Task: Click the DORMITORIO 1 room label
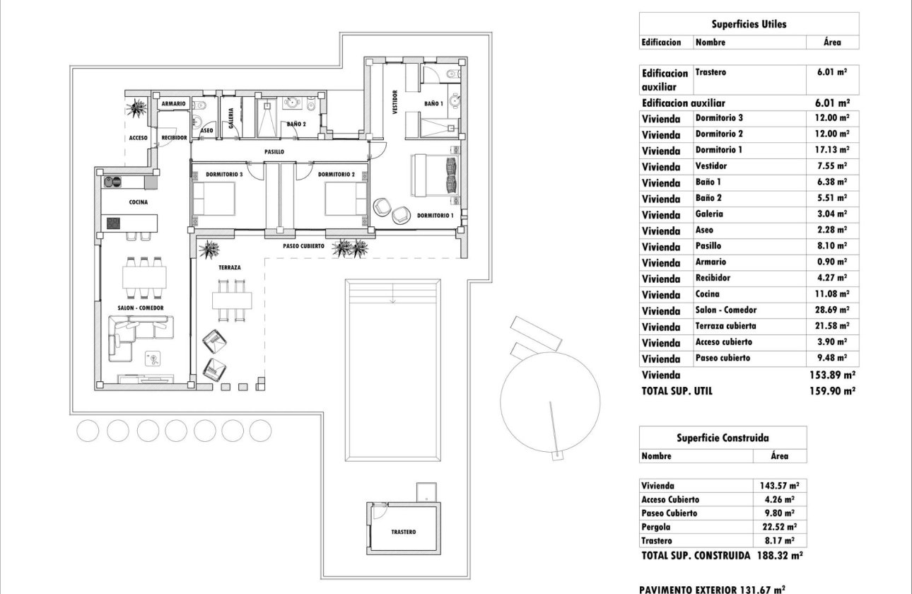(x=435, y=215)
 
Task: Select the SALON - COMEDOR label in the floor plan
(x=141, y=308)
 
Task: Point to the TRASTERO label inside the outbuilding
(x=403, y=532)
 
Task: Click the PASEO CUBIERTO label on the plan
(x=303, y=246)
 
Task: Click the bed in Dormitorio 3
(x=214, y=198)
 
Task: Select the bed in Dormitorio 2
(x=345, y=198)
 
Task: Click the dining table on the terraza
(x=232, y=300)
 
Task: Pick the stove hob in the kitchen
(x=114, y=223)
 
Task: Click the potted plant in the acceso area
(x=136, y=108)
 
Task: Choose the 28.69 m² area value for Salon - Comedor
(x=832, y=310)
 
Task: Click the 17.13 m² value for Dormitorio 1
(x=832, y=150)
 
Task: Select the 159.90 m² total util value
(x=832, y=390)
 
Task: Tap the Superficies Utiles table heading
(x=749, y=24)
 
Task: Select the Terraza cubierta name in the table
(x=725, y=326)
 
